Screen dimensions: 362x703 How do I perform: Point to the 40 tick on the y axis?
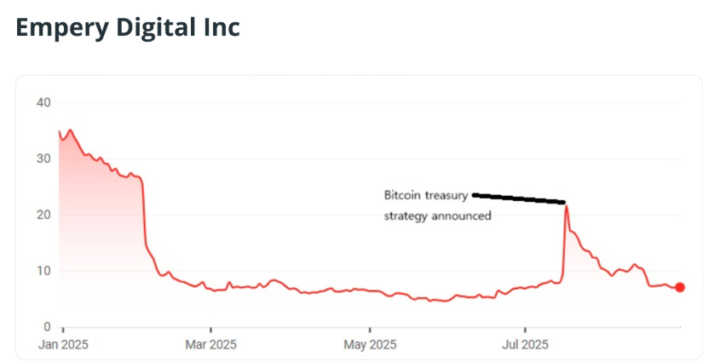coord(43,103)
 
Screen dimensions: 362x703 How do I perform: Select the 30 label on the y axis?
coord(43,159)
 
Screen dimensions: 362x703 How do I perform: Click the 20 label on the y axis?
coord(43,215)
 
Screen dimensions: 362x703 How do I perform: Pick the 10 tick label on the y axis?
coord(43,271)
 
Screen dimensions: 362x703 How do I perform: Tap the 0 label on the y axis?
coord(48,327)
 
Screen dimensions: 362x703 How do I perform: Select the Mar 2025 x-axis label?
coord(211,345)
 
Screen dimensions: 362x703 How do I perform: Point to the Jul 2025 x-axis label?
coord(525,345)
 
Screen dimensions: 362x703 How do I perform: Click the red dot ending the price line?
coord(680,288)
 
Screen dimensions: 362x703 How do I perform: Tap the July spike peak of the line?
coord(566,206)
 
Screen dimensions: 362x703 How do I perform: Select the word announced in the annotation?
coord(460,216)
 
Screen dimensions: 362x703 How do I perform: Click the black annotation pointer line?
coord(519,198)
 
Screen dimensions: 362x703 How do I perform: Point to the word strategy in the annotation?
coord(405,216)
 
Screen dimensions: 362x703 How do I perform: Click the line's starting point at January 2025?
coord(59,131)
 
